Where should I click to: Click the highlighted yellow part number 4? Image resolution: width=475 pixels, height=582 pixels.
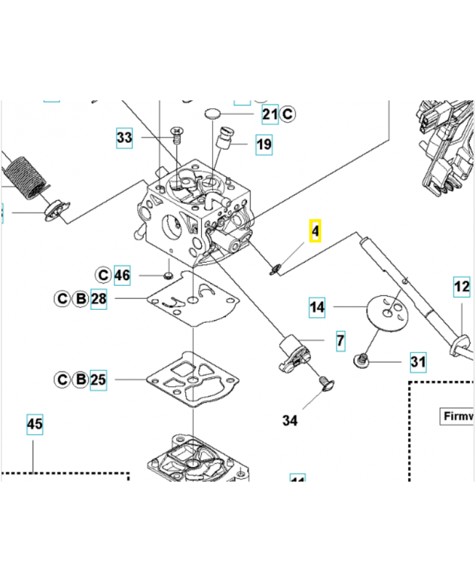(x=315, y=231)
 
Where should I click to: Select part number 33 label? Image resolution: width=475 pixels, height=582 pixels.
(x=125, y=137)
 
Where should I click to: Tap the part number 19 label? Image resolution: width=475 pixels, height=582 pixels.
(x=264, y=145)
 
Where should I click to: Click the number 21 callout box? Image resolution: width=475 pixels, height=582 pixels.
(x=270, y=113)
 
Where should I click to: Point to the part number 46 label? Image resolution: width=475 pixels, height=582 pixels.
(x=122, y=275)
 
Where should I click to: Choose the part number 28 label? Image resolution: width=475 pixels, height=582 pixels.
(x=99, y=299)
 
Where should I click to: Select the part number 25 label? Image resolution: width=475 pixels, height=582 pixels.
(x=98, y=379)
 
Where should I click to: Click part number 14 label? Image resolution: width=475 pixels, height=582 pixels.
(x=317, y=308)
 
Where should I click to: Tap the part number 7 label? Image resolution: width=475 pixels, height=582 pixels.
(x=340, y=340)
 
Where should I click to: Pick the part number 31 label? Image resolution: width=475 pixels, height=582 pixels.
(x=418, y=362)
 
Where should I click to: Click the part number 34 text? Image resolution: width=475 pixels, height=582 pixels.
(x=290, y=420)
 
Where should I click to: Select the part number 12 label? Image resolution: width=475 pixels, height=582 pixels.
(x=462, y=287)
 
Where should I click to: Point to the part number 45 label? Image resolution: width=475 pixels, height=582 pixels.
(x=34, y=423)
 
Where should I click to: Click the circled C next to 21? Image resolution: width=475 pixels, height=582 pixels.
(x=287, y=113)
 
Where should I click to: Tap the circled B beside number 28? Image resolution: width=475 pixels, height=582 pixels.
(x=81, y=299)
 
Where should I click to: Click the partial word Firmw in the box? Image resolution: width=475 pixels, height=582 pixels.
(x=458, y=416)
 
